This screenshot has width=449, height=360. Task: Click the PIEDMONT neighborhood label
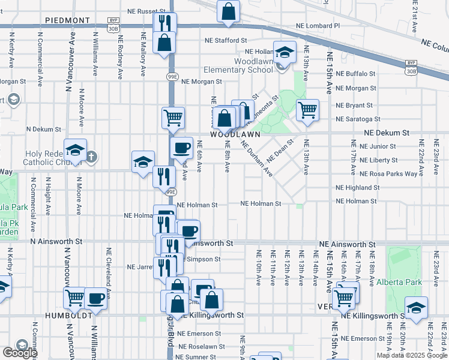click(67, 20)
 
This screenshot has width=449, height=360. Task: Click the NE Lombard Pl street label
click(318, 26)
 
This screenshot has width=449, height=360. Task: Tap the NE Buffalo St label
click(355, 74)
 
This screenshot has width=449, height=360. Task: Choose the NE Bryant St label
click(355, 105)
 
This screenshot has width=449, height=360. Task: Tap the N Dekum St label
click(43, 129)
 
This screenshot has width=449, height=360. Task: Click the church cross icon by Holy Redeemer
click(91, 158)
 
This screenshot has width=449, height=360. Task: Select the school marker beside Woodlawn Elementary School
click(285, 52)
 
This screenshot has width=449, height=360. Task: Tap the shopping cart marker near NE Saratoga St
click(307, 110)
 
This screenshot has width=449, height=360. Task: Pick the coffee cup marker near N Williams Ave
click(95, 297)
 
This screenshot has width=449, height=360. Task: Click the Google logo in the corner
click(20, 352)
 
